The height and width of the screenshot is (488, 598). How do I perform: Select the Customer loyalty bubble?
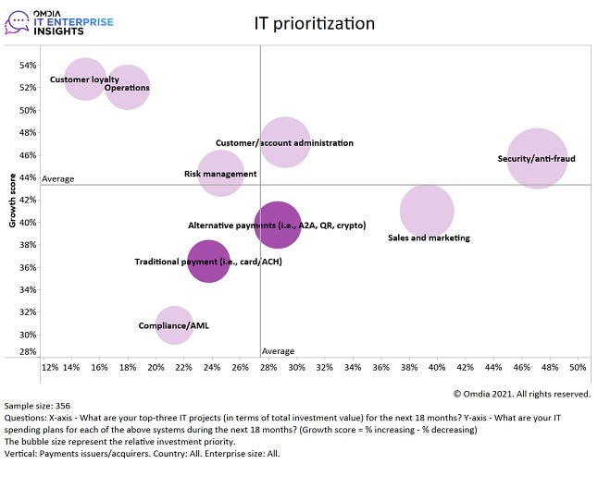click(85, 79)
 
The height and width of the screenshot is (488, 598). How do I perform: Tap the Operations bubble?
click(128, 88)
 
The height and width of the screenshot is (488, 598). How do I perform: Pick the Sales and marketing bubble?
click(427, 211)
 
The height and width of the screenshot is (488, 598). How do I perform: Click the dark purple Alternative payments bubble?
click(278, 225)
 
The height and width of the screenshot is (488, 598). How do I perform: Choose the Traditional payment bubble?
click(208, 262)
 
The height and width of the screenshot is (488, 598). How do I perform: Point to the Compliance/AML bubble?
click(174, 325)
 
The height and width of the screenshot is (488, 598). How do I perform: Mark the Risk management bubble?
click(220, 173)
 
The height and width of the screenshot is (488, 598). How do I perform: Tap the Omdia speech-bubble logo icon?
click(18, 19)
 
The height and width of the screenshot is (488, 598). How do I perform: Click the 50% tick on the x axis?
click(578, 367)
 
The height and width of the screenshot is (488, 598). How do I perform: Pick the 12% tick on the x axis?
click(50, 367)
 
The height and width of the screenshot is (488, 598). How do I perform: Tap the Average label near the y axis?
click(58, 178)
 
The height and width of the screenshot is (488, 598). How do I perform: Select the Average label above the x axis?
click(279, 351)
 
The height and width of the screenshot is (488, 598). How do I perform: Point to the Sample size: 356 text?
click(38, 406)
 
